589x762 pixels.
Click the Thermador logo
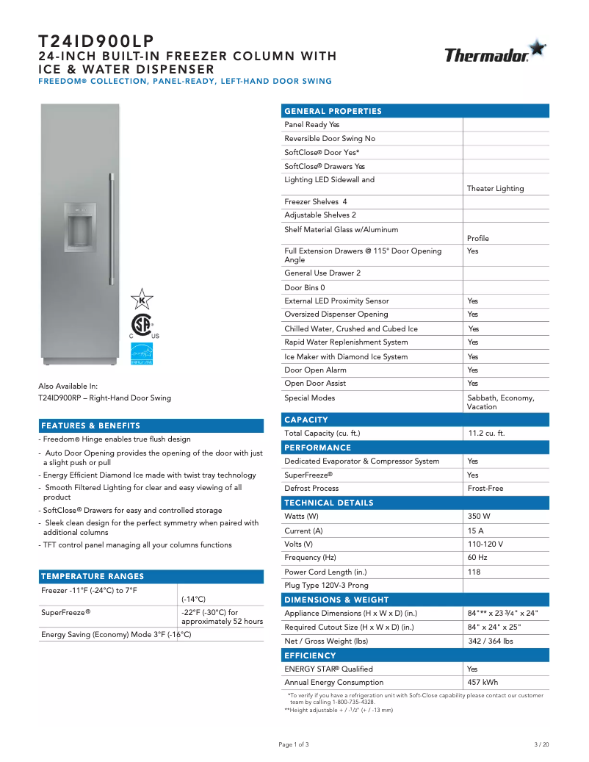coord(494,53)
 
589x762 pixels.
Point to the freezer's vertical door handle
coord(112,229)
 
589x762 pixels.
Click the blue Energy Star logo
coord(141,353)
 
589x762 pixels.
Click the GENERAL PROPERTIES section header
coord(333,111)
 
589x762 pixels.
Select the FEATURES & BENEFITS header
coord(90,425)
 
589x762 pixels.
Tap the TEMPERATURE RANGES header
coord(93,576)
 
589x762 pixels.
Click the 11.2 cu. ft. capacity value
coord(486,434)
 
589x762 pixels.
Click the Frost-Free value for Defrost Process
coord(485,489)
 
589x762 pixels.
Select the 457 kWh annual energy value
coord(483,683)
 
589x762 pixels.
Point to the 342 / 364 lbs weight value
coord(490,641)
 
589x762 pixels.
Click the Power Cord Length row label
coord(325,572)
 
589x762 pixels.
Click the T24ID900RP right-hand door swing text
coord(104,398)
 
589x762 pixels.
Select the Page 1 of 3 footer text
coord(294,744)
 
